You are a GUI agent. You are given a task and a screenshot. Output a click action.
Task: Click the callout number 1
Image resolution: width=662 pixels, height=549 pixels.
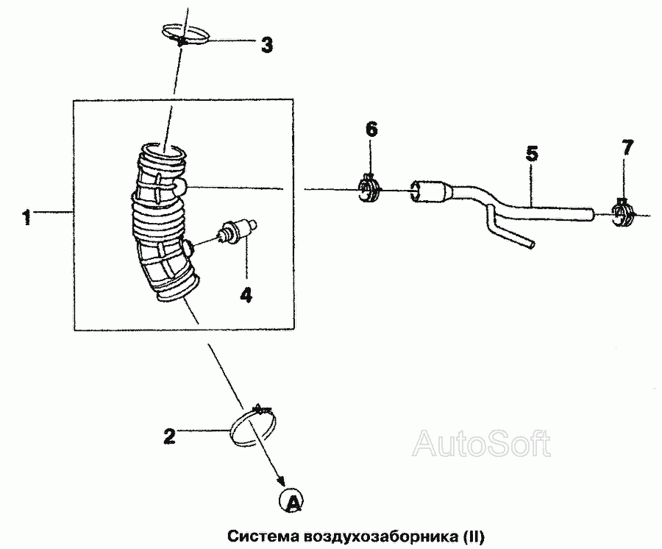27,218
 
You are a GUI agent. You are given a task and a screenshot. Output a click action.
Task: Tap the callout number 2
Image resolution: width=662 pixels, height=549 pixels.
169,436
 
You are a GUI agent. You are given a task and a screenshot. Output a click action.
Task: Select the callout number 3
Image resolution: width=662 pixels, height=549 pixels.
266,45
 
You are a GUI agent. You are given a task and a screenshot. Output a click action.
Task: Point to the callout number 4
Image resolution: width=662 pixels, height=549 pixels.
246,294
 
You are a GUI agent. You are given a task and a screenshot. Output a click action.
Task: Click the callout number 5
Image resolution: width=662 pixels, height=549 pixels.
532,154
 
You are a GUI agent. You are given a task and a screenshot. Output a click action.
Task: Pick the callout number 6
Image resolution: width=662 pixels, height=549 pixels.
371,130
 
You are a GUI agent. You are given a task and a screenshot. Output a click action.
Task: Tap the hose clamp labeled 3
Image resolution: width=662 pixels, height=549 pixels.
185,35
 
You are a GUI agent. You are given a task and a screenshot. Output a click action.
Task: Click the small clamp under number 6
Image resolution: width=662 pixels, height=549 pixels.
369,189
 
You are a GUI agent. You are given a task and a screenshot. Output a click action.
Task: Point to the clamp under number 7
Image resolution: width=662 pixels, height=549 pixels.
623,213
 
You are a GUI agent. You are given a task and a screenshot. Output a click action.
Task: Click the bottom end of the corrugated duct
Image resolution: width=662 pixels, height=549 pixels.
177,288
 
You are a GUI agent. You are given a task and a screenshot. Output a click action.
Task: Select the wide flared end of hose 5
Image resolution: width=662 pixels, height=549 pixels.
430,192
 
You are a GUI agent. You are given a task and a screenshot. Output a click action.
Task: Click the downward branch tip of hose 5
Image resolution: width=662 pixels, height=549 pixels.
532,244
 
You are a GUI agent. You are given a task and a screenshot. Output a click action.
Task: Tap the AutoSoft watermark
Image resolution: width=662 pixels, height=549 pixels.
481,443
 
